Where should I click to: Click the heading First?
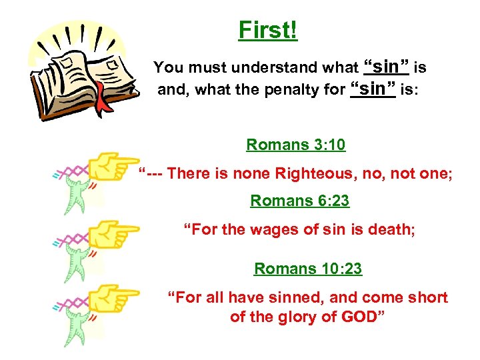click(x=268, y=30)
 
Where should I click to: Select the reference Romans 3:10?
click(x=295, y=145)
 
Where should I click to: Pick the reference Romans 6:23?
click(x=299, y=200)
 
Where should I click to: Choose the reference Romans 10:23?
click(x=308, y=269)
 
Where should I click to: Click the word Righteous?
click(x=305, y=174)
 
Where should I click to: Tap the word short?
click(x=427, y=297)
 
